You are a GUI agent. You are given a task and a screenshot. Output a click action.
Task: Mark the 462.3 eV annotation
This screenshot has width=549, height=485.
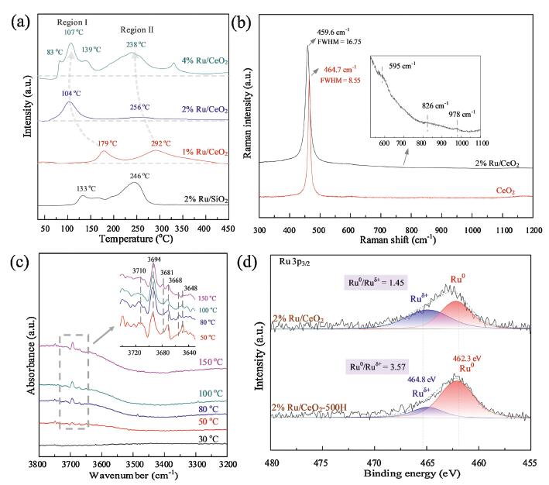pos(464,359)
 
